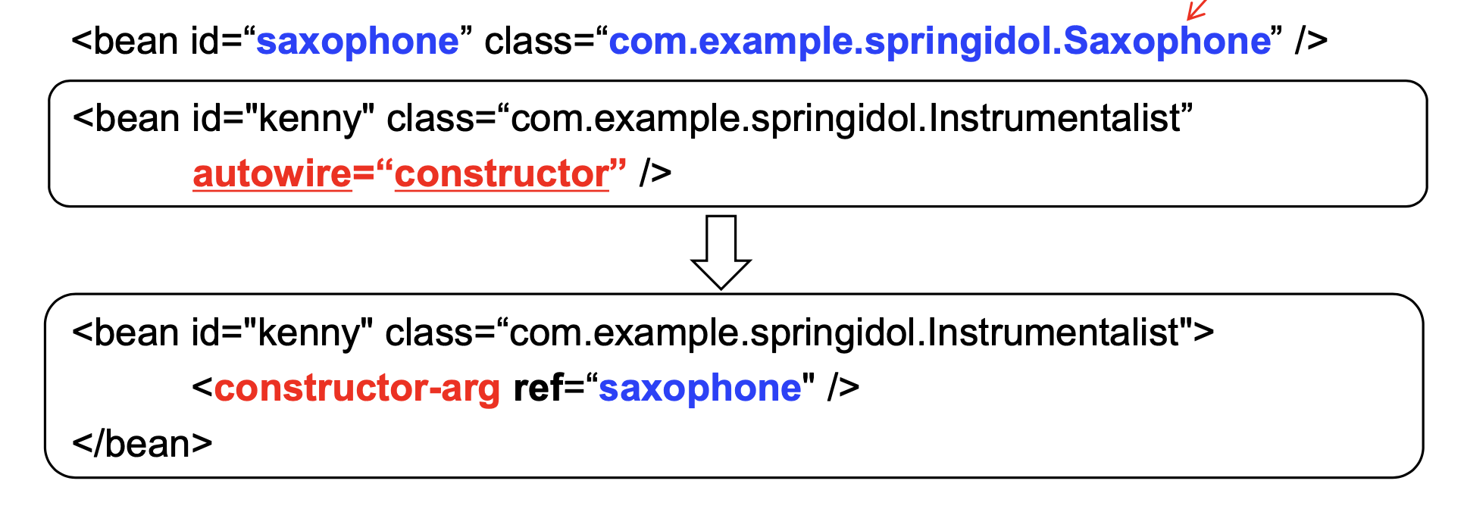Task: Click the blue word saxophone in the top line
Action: pyautogui.click(x=358, y=42)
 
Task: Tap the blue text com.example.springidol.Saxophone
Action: pyautogui.click(x=940, y=42)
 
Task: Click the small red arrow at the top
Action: pyautogui.click(x=1196, y=10)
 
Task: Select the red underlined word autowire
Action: pyautogui.click(x=272, y=174)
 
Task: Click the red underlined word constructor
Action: pyautogui.click(x=502, y=174)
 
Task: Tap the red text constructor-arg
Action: pyautogui.click(x=357, y=389)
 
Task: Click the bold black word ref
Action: pyautogui.click(x=538, y=389)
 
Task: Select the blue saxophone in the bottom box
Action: pyautogui.click(x=700, y=389)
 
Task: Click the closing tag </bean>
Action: pyautogui.click(x=142, y=444)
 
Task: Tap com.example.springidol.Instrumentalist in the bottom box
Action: pyautogui.click(x=844, y=333)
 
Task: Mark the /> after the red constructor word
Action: pyautogui.click(x=655, y=174)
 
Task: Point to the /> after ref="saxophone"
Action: pyautogui.click(x=843, y=389)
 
